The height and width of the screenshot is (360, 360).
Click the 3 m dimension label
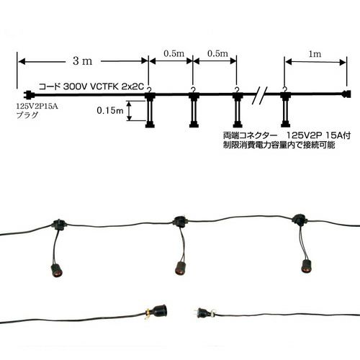click(x=83, y=61)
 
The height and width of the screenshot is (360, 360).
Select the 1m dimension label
click(x=315, y=54)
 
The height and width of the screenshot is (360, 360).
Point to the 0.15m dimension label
click(x=110, y=110)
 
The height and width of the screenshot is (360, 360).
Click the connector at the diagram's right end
click(x=346, y=94)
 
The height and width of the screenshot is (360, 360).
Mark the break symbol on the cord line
click(x=259, y=95)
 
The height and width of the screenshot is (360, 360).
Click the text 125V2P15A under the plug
click(x=37, y=106)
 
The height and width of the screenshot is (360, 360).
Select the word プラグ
click(x=27, y=115)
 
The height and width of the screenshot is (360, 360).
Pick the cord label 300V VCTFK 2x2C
click(x=104, y=86)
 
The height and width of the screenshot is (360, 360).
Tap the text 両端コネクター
click(x=250, y=135)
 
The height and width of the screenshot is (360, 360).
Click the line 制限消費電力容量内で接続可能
click(x=279, y=145)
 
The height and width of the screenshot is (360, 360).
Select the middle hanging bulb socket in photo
click(x=180, y=268)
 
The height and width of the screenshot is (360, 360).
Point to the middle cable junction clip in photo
click(x=180, y=220)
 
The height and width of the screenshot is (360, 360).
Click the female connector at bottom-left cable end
click(x=160, y=312)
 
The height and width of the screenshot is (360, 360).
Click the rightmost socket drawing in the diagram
click(x=285, y=109)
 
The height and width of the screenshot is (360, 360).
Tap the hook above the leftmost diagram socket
click(x=149, y=90)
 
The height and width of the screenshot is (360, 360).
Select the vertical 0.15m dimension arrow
click(x=130, y=111)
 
